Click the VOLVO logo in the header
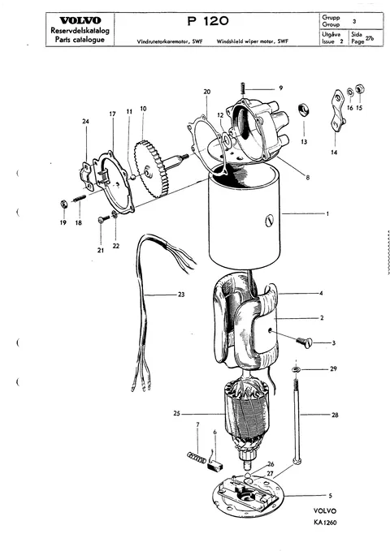(x=80, y=21)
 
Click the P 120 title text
(x=208, y=21)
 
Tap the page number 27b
(x=370, y=39)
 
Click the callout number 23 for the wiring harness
(x=181, y=295)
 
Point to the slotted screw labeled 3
(x=304, y=342)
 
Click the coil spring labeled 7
(x=196, y=457)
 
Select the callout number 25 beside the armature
(x=176, y=414)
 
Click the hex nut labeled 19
(x=63, y=204)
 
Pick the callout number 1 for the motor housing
(x=327, y=213)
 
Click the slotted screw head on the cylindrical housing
(x=268, y=222)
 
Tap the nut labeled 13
(x=303, y=110)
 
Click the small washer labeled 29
(x=296, y=369)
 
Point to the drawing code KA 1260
(x=326, y=523)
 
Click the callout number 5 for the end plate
(x=330, y=496)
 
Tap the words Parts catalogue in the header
(x=80, y=39)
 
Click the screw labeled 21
(x=102, y=220)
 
